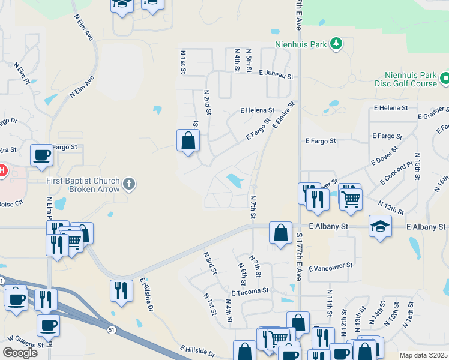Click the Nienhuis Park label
tap(301, 44)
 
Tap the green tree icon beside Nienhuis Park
tap(337, 43)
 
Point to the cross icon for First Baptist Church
tap(128, 184)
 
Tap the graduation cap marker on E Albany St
tap(380, 226)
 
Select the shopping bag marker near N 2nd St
tap(188, 141)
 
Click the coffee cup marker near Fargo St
tap(41, 155)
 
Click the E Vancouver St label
tap(330, 270)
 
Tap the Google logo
tap(20, 352)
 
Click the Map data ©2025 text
tap(423, 355)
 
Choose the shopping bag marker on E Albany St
tap(280, 232)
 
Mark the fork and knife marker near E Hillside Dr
tap(121, 291)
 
